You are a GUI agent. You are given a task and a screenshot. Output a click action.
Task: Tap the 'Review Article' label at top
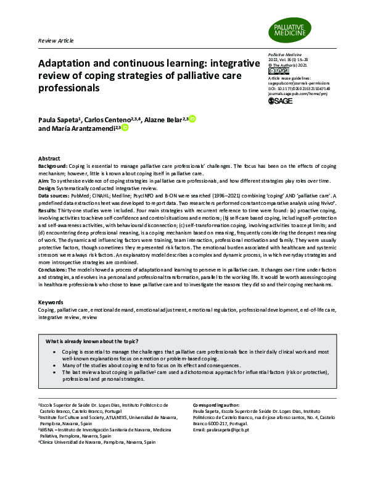point(56,40)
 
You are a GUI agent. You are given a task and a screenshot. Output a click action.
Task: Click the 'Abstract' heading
point(49,159)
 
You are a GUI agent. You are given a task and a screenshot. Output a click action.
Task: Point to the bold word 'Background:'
point(52,166)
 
